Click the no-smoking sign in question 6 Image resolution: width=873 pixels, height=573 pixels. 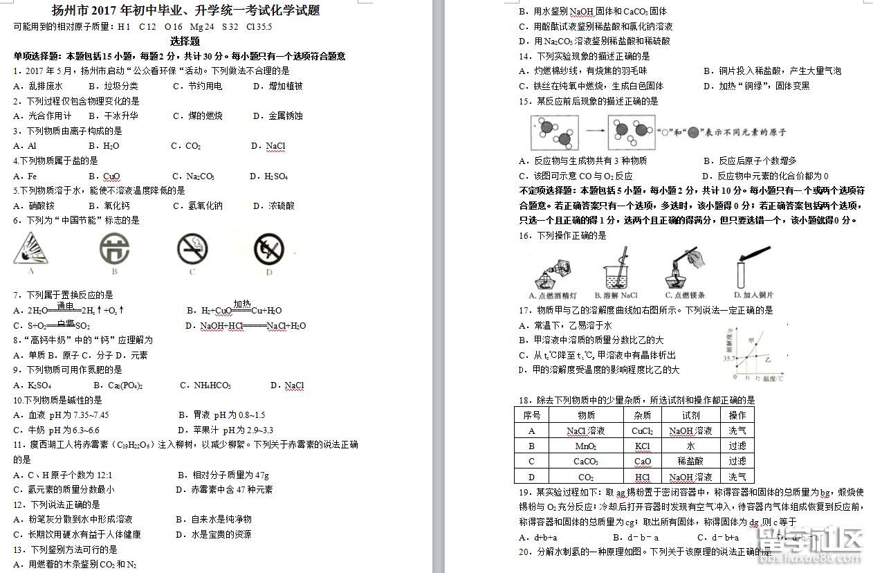[192, 248]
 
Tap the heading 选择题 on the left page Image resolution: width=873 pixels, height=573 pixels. [185, 41]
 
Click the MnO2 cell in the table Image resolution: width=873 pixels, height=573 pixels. [586, 446]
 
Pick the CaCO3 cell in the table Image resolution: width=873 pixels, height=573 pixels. [586, 461]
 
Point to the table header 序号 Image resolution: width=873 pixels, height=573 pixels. [531, 415]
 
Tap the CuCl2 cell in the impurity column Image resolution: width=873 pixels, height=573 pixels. [642, 430]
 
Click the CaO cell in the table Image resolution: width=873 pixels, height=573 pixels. [642, 461]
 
